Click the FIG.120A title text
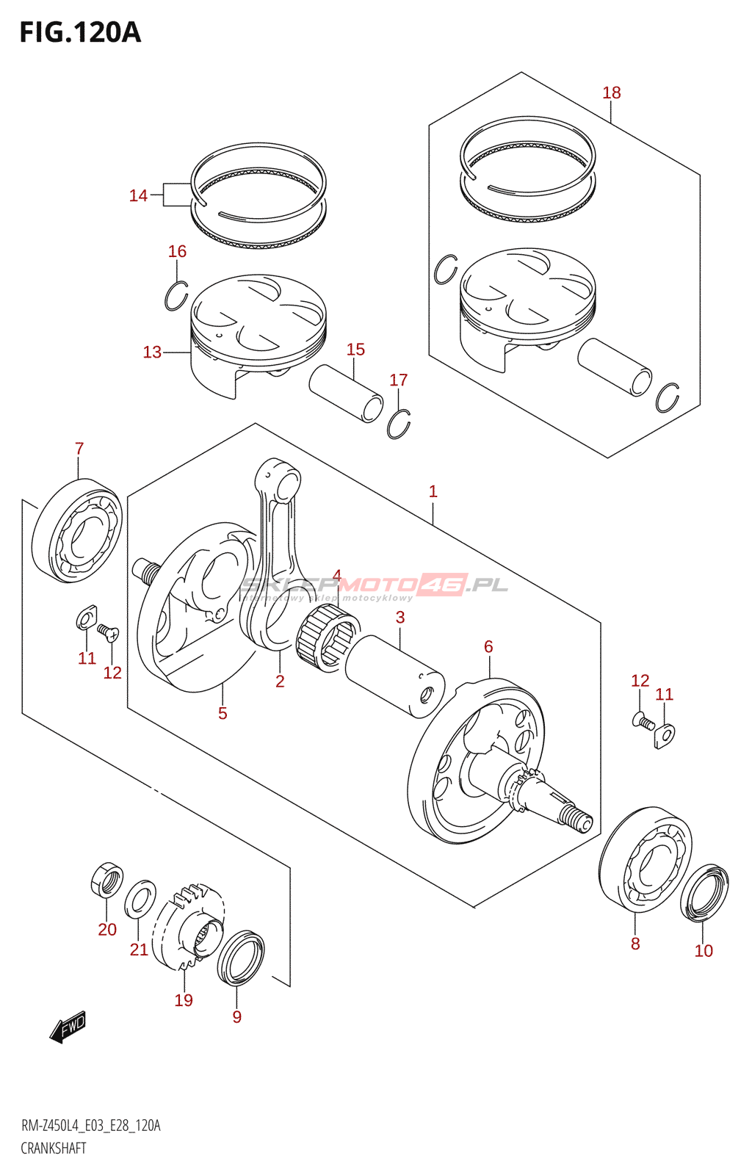coord(80,33)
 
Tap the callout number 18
coord(611,93)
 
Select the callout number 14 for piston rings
coord(138,195)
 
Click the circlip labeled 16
coord(176,295)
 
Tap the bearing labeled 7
coord(78,530)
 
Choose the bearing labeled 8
coord(646,859)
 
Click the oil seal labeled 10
coord(705,892)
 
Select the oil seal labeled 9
coord(241,958)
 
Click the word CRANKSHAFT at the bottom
coord(54,1148)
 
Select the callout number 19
coord(184,999)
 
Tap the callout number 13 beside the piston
coord(152,352)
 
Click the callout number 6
coord(488,646)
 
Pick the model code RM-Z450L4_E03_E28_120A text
coord(90,1126)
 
